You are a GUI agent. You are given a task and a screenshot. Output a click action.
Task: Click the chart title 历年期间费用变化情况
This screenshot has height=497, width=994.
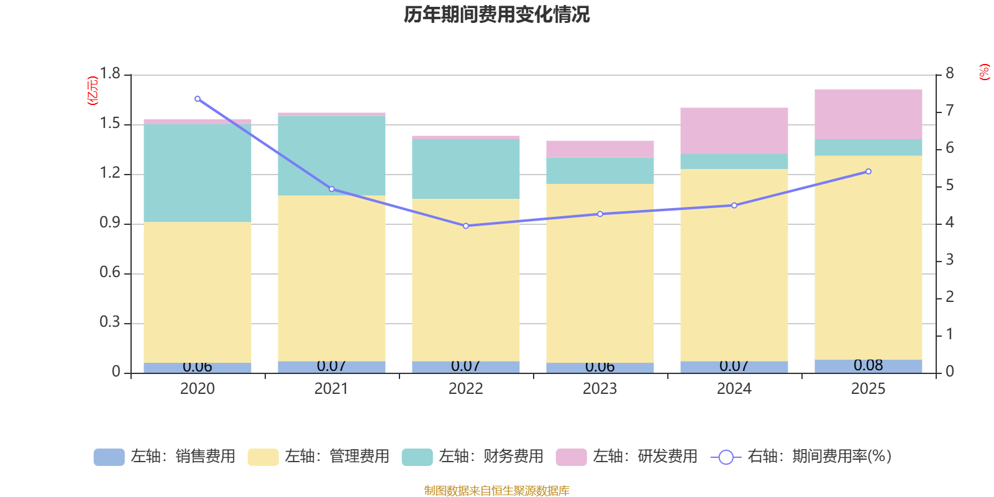[x=496, y=14]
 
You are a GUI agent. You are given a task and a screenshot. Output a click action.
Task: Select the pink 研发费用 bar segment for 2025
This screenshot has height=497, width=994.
[x=868, y=114]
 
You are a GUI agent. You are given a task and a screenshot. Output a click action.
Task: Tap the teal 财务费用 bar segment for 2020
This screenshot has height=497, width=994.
[x=198, y=173]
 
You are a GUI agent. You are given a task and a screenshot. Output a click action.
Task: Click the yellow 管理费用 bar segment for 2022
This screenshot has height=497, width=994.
[x=466, y=280]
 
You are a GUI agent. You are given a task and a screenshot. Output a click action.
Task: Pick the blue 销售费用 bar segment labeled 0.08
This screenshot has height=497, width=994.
[x=868, y=366]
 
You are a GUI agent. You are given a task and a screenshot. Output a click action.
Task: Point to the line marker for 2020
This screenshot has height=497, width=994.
[x=198, y=99]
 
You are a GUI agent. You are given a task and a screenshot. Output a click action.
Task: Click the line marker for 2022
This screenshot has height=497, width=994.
[x=466, y=226]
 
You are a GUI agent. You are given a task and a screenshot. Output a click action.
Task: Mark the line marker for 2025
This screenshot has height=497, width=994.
[x=868, y=171]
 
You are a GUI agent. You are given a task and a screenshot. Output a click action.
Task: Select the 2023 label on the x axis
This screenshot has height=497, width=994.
[x=600, y=389]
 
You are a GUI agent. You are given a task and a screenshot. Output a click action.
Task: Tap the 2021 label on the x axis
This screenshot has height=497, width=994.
[x=331, y=389]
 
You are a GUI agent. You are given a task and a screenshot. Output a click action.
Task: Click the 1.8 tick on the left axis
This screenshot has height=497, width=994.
[x=110, y=74]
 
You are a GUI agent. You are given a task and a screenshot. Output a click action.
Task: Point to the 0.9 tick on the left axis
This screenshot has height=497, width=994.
[x=110, y=223]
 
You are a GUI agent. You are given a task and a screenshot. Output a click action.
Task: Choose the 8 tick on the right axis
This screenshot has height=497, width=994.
[x=949, y=74]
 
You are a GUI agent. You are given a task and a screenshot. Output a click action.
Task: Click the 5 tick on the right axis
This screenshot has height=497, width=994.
[x=949, y=186]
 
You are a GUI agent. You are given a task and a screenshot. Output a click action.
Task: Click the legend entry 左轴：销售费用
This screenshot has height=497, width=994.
[x=165, y=457]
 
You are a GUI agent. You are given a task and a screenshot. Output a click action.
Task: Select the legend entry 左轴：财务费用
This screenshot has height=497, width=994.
[x=473, y=457]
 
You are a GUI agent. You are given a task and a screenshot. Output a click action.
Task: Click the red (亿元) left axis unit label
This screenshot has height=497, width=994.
[x=93, y=91]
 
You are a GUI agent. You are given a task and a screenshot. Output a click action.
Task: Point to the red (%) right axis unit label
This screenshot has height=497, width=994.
[x=984, y=72]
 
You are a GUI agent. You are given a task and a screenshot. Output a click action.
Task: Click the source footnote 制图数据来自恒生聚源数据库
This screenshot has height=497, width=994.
[x=496, y=491]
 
